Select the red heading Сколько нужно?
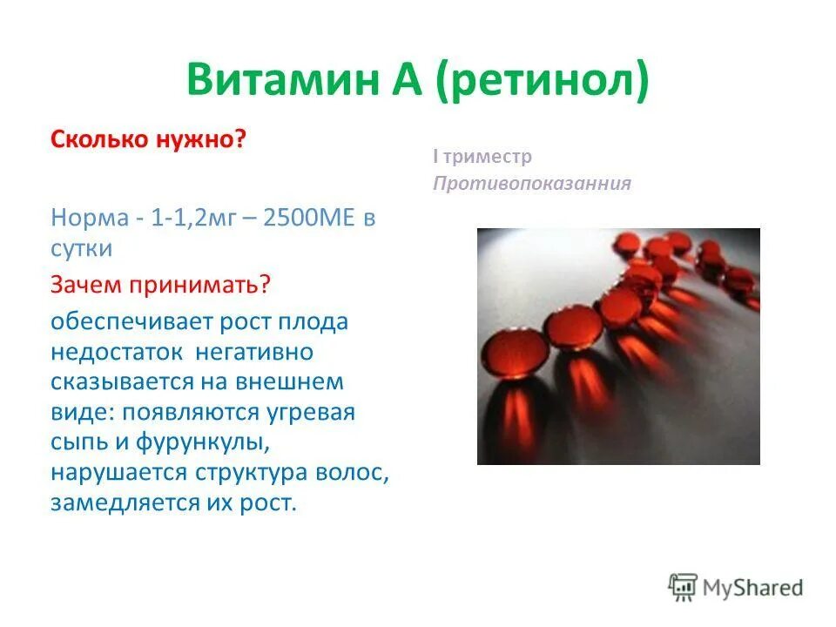coord(149,140)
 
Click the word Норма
coord(88,218)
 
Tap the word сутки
coord(82,248)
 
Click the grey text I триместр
coord(482,158)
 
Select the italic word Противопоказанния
coord(531,184)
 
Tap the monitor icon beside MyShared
coord(683,588)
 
